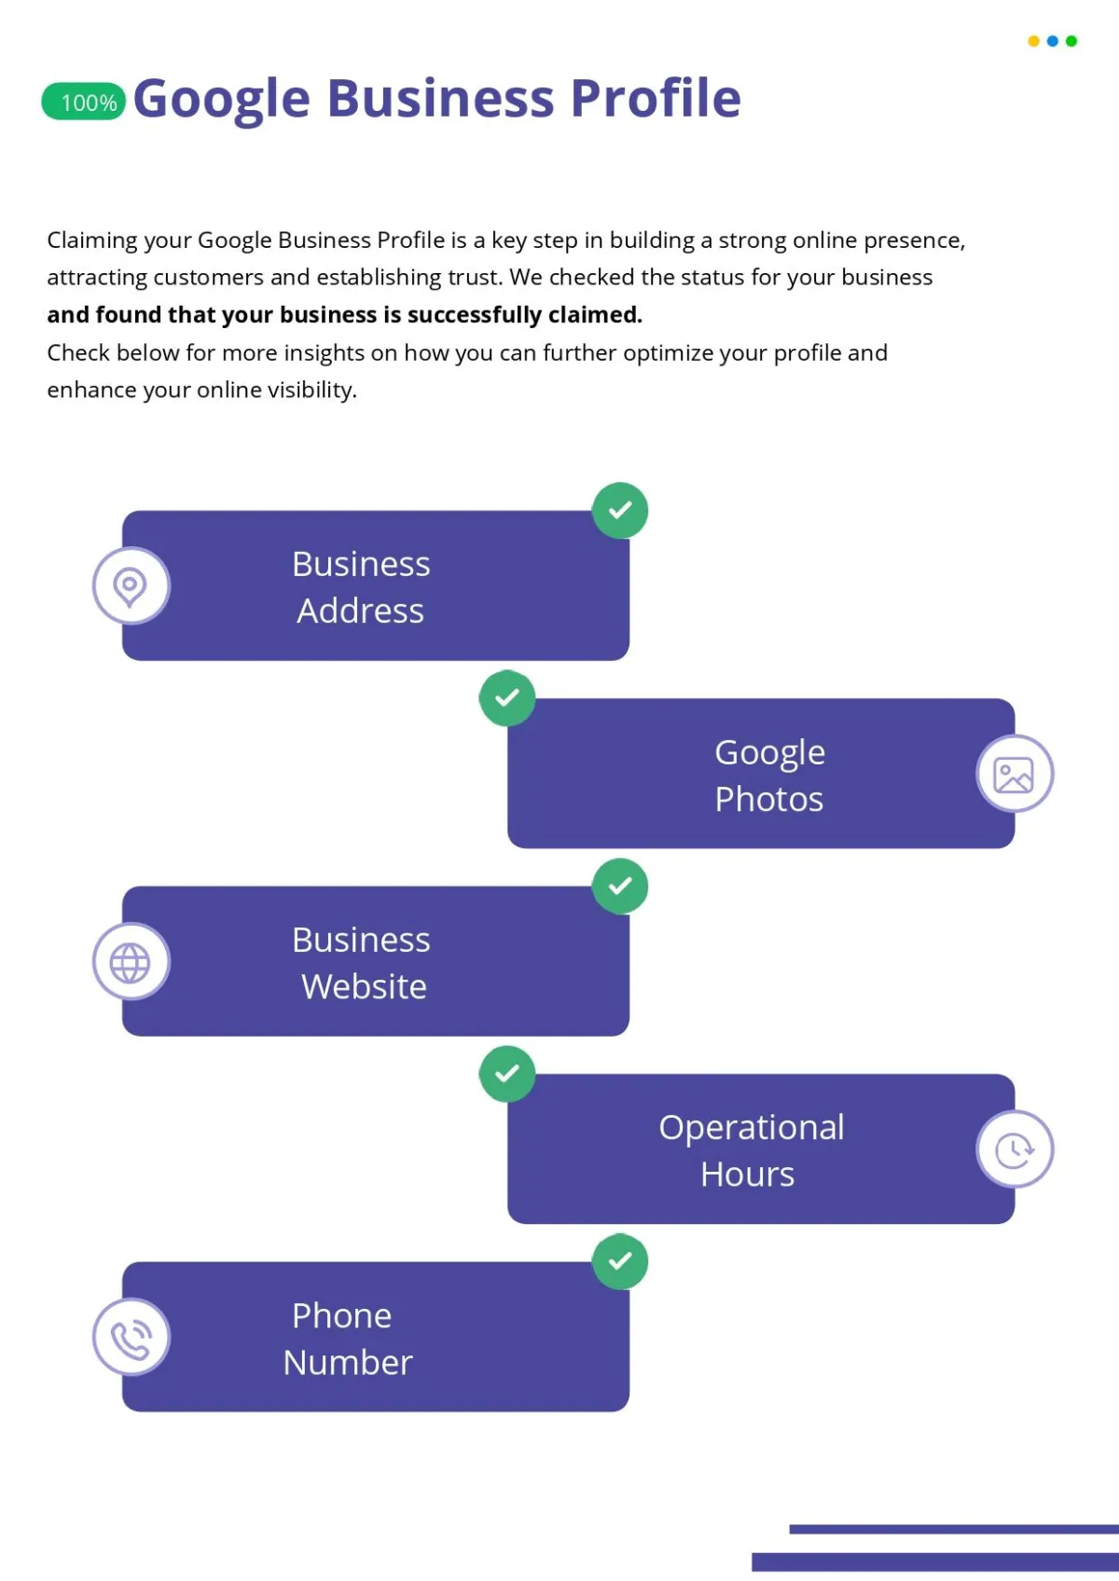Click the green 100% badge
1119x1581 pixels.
click(x=83, y=102)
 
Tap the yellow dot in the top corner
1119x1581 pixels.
click(x=1033, y=41)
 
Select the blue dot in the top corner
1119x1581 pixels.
click(x=1053, y=41)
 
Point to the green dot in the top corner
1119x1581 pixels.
click(x=1071, y=41)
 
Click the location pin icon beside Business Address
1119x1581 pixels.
click(x=131, y=585)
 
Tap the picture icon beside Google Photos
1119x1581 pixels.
click(x=1014, y=775)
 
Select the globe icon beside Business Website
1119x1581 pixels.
click(x=131, y=962)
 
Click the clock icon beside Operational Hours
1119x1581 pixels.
click(x=1015, y=1150)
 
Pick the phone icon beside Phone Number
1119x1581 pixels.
click(x=131, y=1339)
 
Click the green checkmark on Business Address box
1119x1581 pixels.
click(x=620, y=510)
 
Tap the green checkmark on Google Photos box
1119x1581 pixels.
click(x=507, y=698)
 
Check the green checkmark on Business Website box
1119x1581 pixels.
click(x=620, y=886)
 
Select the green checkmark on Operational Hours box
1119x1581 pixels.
click(x=507, y=1074)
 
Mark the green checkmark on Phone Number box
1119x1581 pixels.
click(x=620, y=1261)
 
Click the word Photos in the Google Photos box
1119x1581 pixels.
click(x=768, y=800)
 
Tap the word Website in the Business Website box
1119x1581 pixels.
click(x=364, y=986)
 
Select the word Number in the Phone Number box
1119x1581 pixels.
click(x=347, y=1362)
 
